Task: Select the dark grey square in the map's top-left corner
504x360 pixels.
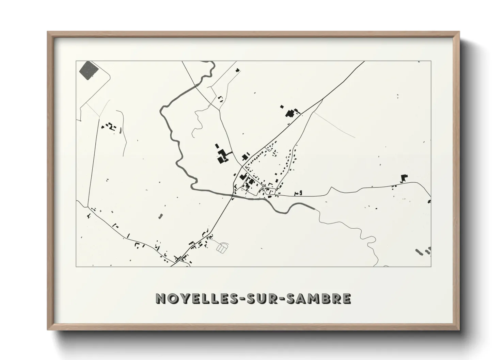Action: click(x=89, y=70)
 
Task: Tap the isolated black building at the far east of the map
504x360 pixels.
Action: click(x=404, y=178)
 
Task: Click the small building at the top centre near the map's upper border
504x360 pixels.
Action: click(x=237, y=70)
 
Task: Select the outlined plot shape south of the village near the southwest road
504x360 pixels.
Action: click(x=222, y=248)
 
